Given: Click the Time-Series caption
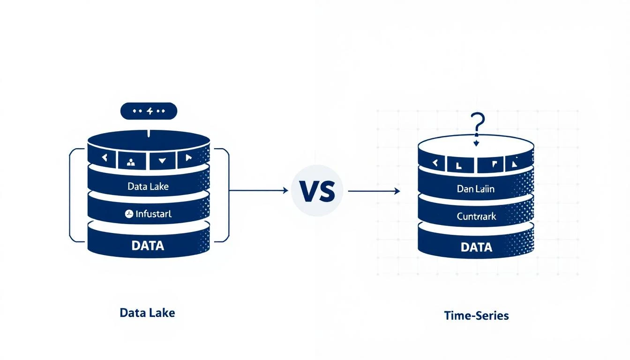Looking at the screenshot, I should pyautogui.click(x=476, y=315).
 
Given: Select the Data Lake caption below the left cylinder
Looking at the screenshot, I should pyautogui.click(x=147, y=313).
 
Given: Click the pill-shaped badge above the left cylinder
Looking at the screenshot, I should pyautogui.click(x=149, y=111).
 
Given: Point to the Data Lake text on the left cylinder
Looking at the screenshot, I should pyautogui.click(x=148, y=186).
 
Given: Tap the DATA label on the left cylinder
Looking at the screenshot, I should pyautogui.click(x=148, y=245).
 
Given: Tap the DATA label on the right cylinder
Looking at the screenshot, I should pyautogui.click(x=476, y=247).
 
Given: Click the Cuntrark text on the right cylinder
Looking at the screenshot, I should pyautogui.click(x=476, y=217).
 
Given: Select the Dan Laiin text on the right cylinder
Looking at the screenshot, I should pyautogui.click(x=476, y=189).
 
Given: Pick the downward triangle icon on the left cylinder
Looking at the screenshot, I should pyautogui.click(x=162, y=160).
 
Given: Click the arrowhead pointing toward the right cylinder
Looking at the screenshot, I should pyautogui.click(x=397, y=191).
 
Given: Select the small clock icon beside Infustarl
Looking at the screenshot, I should pyautogui.click(x=129, y=214).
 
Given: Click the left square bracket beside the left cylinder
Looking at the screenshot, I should pyautogui.click(x=71, y=195).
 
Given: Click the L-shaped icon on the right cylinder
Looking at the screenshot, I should pyautogui.click(x=458, y=164).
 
